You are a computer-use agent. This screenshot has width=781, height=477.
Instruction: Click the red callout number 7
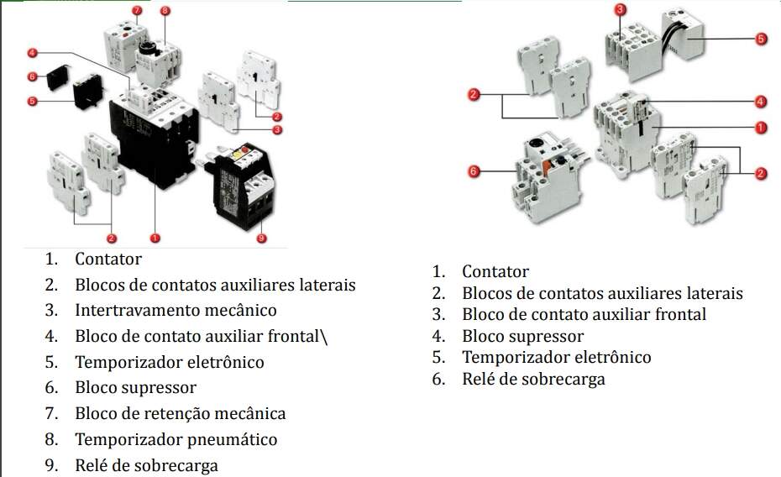137,9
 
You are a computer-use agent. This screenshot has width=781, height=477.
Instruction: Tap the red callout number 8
165,11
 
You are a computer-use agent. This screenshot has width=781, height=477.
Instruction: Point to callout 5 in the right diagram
761,39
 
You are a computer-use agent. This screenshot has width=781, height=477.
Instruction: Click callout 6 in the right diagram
473,171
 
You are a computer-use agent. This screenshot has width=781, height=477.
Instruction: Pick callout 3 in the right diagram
621,9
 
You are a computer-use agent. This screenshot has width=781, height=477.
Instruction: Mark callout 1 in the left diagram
154,238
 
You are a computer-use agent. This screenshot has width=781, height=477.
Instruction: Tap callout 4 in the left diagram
32,53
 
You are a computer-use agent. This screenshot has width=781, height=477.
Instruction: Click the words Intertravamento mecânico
176,311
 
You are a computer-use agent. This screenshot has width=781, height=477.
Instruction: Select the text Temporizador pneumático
176,439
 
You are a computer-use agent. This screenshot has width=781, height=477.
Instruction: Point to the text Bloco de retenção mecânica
180,413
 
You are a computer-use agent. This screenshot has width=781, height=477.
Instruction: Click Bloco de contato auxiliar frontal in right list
584,315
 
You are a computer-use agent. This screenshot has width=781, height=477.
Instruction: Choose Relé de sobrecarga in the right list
533,379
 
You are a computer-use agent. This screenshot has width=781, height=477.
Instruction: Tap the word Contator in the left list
108,259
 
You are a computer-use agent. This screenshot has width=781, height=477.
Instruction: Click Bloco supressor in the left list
135,387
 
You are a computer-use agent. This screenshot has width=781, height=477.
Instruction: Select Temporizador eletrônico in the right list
556,357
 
